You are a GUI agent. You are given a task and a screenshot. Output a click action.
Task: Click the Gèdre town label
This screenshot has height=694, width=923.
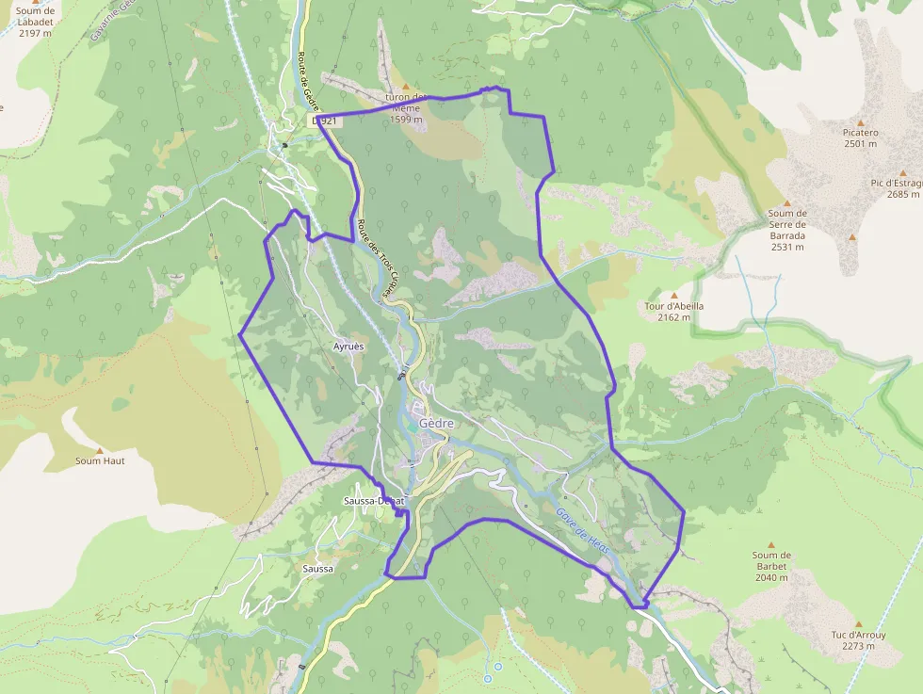[x=436, y=424]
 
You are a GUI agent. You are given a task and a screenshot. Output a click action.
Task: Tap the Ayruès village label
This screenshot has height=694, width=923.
[x=348, y=347]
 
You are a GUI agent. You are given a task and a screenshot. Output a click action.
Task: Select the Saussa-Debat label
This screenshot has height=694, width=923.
[x=375, y=501]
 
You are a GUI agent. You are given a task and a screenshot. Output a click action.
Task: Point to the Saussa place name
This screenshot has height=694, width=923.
[x=318, y=569]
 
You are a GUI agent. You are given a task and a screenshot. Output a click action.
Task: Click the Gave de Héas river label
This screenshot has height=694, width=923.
[x=583, y=532]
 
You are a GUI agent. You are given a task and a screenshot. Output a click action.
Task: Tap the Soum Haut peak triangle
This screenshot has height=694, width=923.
[x=99, y=450]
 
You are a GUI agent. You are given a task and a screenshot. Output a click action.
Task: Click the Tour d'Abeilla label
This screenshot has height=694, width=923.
[x=674, y=306]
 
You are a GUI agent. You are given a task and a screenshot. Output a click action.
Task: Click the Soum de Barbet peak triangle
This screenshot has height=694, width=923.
[x=771, y=544]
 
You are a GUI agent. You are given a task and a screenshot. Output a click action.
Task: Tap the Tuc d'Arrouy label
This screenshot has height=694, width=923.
[x=858, y=635]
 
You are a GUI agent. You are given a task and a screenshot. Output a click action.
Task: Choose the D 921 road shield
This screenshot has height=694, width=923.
[x=324, y=121]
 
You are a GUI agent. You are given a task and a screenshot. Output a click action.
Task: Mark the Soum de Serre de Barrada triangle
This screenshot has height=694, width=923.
[x=787, y=202]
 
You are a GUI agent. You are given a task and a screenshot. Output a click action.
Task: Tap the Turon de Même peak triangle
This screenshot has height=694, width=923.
[x=406, y=86]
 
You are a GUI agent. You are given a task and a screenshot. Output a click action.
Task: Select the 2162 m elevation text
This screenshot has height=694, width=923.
[x=674, y=317]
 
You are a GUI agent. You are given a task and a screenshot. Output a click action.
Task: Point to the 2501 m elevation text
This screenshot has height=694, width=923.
[x=861, y=144]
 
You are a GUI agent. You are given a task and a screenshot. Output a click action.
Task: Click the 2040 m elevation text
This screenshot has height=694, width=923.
[x=770, y=578]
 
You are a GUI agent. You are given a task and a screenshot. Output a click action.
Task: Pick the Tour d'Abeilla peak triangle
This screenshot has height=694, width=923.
[x=673, y=295]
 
